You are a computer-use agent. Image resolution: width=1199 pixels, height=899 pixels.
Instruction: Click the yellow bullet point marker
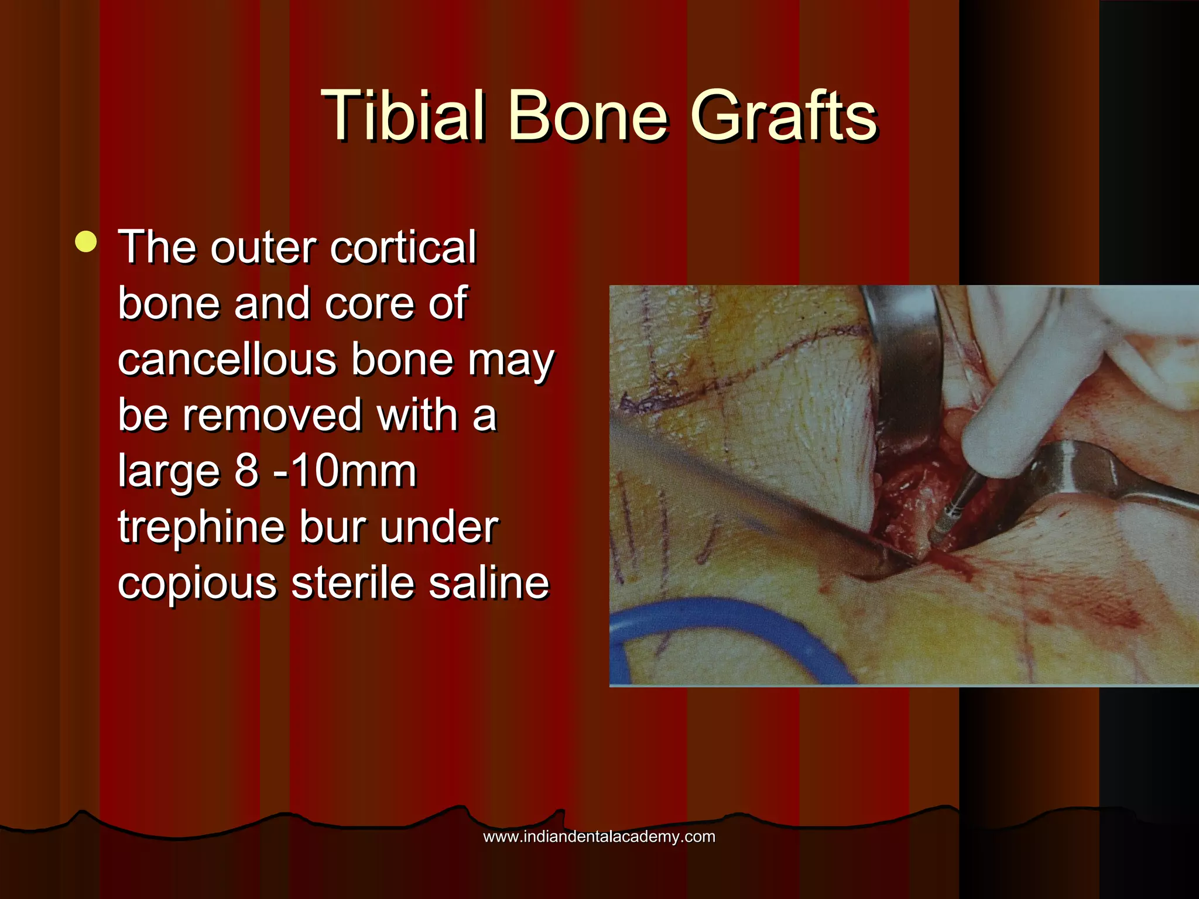[86, 242]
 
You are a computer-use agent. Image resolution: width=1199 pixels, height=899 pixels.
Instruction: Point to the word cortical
[403, 247]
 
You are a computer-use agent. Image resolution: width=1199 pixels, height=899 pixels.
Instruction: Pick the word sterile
[354, 584]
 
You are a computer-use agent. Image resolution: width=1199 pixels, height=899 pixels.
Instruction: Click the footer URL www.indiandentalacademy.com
[599, 836]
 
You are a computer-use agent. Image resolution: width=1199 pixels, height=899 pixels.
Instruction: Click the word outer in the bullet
[263, 247]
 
